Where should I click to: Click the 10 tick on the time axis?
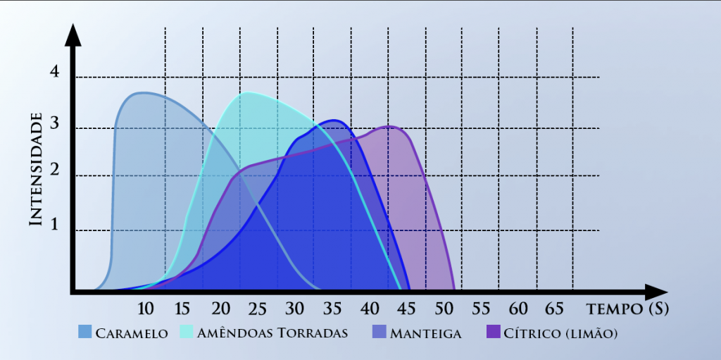point(146,309)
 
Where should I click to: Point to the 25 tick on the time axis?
point(258,309)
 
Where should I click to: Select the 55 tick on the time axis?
point(481,309)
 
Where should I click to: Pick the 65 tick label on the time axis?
point(555,309)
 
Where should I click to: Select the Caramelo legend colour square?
point(84,333)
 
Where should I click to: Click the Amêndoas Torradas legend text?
point(273,333)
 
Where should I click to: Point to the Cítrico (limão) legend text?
point(560,333)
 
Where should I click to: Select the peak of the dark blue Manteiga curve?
point(336,120)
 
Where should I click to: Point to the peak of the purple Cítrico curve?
point(389,127)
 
